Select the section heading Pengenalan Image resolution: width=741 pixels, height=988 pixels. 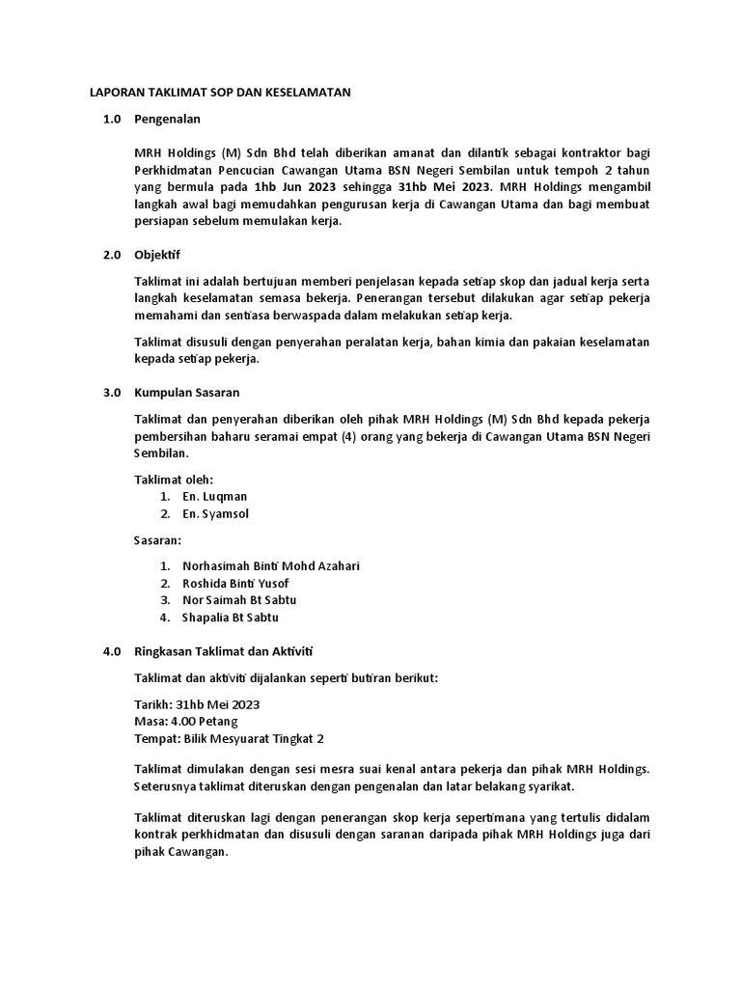[x=167, y=120]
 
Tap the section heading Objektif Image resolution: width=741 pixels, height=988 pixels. [x=156, y=256]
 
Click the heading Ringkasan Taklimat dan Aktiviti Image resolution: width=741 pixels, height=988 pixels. [x=231, y=651]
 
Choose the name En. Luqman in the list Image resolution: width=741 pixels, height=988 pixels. [x=214, y=496]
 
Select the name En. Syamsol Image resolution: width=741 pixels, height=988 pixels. [x=215, y=513]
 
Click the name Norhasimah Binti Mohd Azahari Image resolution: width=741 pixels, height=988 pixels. [x=270, y=565]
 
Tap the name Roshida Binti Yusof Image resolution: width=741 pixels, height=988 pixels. [x=235, y=583]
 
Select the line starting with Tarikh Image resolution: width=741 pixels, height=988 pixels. [x=197, y=704]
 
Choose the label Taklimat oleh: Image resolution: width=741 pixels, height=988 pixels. [x=173, y=479]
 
